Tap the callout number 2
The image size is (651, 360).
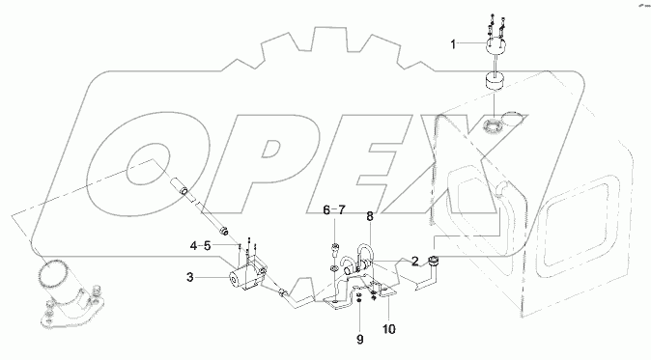pyautogui.click(x=415, y=261)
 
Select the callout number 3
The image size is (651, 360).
pyautogui.click(x=191, y=277)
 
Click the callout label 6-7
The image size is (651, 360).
pyautogui.click(x=333, y=208)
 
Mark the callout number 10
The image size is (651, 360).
pyautogui.click(x=389, y=329)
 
